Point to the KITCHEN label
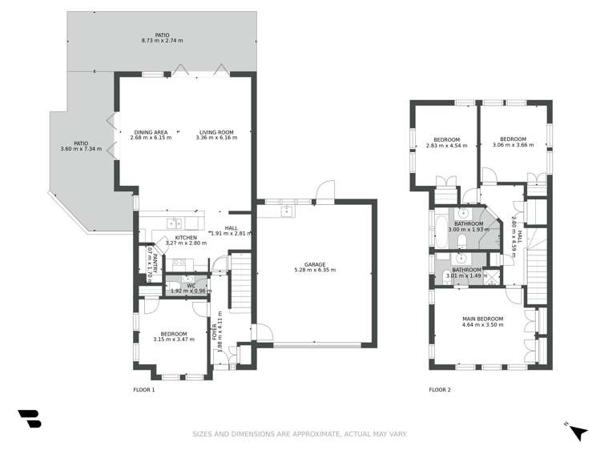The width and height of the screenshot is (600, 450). [186, 238]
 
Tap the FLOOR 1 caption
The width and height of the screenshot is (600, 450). [143, 390]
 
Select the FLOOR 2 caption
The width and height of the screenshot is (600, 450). [440, 390]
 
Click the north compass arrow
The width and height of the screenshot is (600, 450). [577, 431]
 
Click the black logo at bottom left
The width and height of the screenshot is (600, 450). [29, 420]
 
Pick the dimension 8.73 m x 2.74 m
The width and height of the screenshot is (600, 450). [162, 40]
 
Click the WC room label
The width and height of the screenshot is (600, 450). [191, 284]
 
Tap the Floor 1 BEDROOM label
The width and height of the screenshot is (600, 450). [173, 334]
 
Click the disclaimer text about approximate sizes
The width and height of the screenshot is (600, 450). [299, 434]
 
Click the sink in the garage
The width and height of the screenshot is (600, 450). [287, 211]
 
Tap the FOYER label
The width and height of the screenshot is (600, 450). [213, 332]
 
